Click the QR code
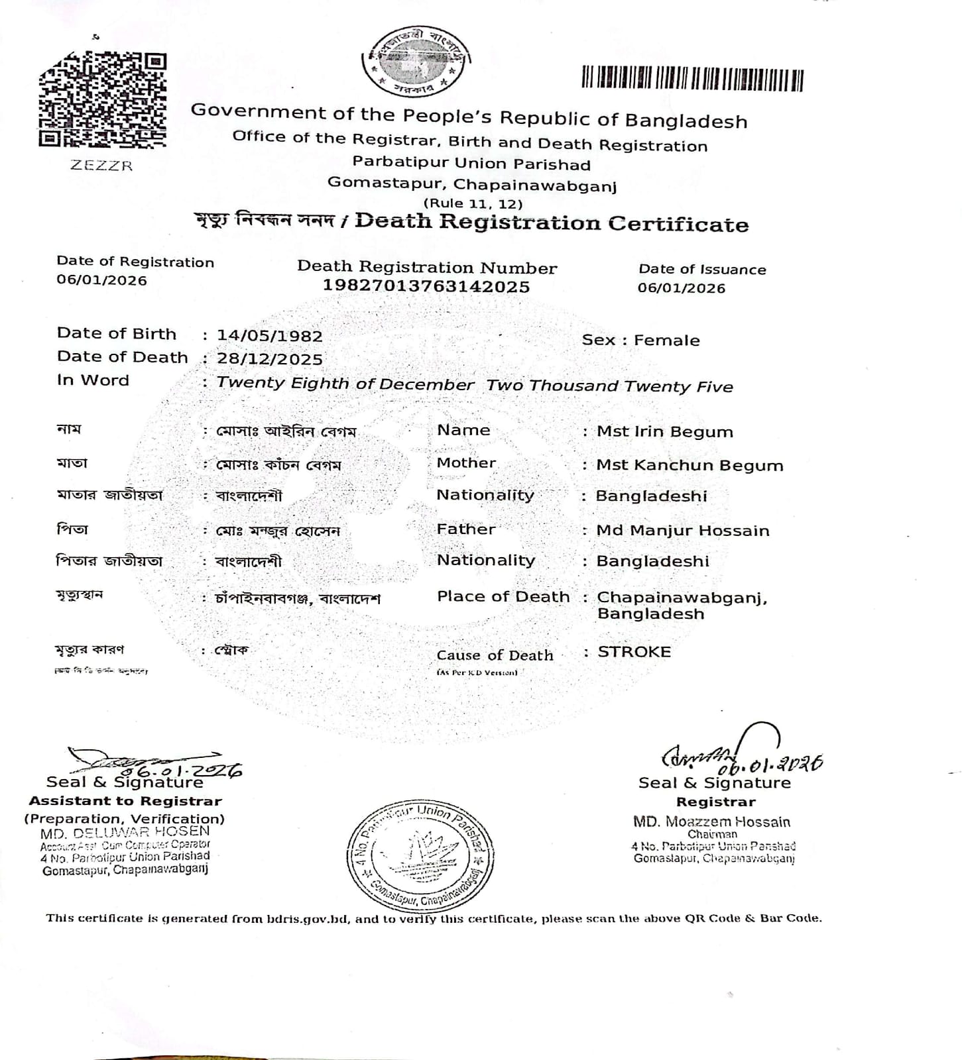click(103, 99)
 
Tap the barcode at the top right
click(692, 79)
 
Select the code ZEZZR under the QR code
click(101, 166)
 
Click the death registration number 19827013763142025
click(426, 286)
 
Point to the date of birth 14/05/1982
click(270, 336)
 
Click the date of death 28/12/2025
click(270, 359)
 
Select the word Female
click(666, 341)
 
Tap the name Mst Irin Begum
click(664, 432)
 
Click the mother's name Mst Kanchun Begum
click(690, 465)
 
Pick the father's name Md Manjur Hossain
click(683, 531)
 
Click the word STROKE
click(634, 652)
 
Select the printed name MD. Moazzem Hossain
click(711, 822)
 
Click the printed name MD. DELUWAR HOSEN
click(125, 831)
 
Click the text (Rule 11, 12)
click(473, 204)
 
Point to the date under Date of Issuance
click(682, 288)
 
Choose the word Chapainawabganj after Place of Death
click(682, 598)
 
